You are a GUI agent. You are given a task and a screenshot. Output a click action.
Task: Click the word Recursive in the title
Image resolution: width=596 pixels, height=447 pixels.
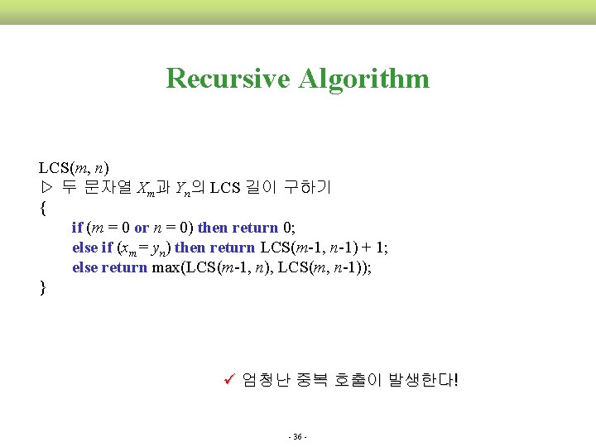pyautogui.click(x=228, y=79)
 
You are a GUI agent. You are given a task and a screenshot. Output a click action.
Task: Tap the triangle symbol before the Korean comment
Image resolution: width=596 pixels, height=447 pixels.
pyautogui.click(x=46, y=187)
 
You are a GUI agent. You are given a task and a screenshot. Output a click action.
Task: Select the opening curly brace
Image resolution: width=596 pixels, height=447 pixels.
pyautogui.click(x=42, y=209)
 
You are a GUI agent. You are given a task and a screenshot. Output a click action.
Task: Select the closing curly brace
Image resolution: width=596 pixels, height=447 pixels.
pyautogui.click(x=42, y=287)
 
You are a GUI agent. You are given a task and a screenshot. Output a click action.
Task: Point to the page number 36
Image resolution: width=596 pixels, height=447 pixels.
pyautogui.click(x=297, y=436)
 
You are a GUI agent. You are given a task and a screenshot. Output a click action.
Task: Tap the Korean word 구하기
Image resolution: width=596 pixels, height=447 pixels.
pyautogui.click(x=306, y=187)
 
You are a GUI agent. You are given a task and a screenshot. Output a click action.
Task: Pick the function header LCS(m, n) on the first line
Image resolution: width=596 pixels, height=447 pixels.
pyautogui.click(x=74, y=168)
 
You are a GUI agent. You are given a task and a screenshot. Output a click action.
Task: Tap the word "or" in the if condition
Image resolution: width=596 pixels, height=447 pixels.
pyautogui.click(x=141, y=228)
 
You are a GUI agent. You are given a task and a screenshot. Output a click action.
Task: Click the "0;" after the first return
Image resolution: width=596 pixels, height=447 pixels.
pyautogui.click(x=289, y=228)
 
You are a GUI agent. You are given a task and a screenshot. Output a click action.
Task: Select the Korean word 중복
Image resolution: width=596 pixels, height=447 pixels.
pyautogui.click(x=310, y=381)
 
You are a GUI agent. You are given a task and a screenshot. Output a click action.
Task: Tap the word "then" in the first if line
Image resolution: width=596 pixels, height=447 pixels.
pyautogui.click(x=213, y=228)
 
